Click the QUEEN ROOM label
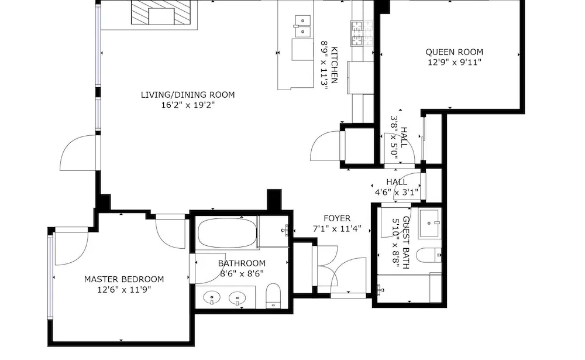point(454,52)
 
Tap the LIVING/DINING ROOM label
point(188,95)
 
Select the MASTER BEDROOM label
point(124,279)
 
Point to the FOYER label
point(337,218)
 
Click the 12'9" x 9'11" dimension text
point(455,63)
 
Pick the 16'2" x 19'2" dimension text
point(188,105)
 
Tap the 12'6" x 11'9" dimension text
point(124,289)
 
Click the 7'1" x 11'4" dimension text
point(337,228)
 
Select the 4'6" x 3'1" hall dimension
point(397,193)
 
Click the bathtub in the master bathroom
point(227,233)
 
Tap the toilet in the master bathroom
point(273,296)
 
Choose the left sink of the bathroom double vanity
point(212,298)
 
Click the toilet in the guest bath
point(429,256)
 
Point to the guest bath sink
point(430,224)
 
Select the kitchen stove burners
point(362,33)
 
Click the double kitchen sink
point(302,26)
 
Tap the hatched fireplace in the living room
point(164,13)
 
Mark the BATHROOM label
point(242,263)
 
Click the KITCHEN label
point(334,65)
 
